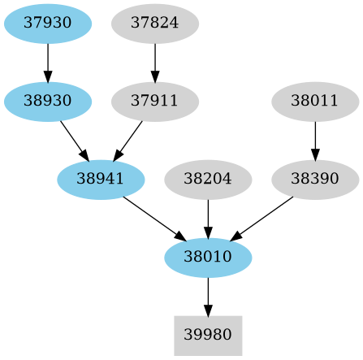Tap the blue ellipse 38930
48,102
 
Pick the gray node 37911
154,102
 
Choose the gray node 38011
314,102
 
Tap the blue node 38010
208,258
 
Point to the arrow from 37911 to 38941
128,140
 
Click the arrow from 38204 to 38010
208,219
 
